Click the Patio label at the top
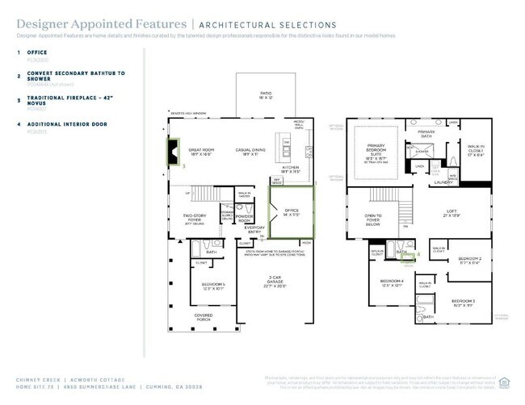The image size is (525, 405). [x=266, y=95]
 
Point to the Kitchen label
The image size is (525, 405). [x=290, y=169]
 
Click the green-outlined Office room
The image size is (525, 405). [x=292, y=213]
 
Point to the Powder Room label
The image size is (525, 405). [x=246, y=219]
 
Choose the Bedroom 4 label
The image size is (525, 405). [x=391, y=282]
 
